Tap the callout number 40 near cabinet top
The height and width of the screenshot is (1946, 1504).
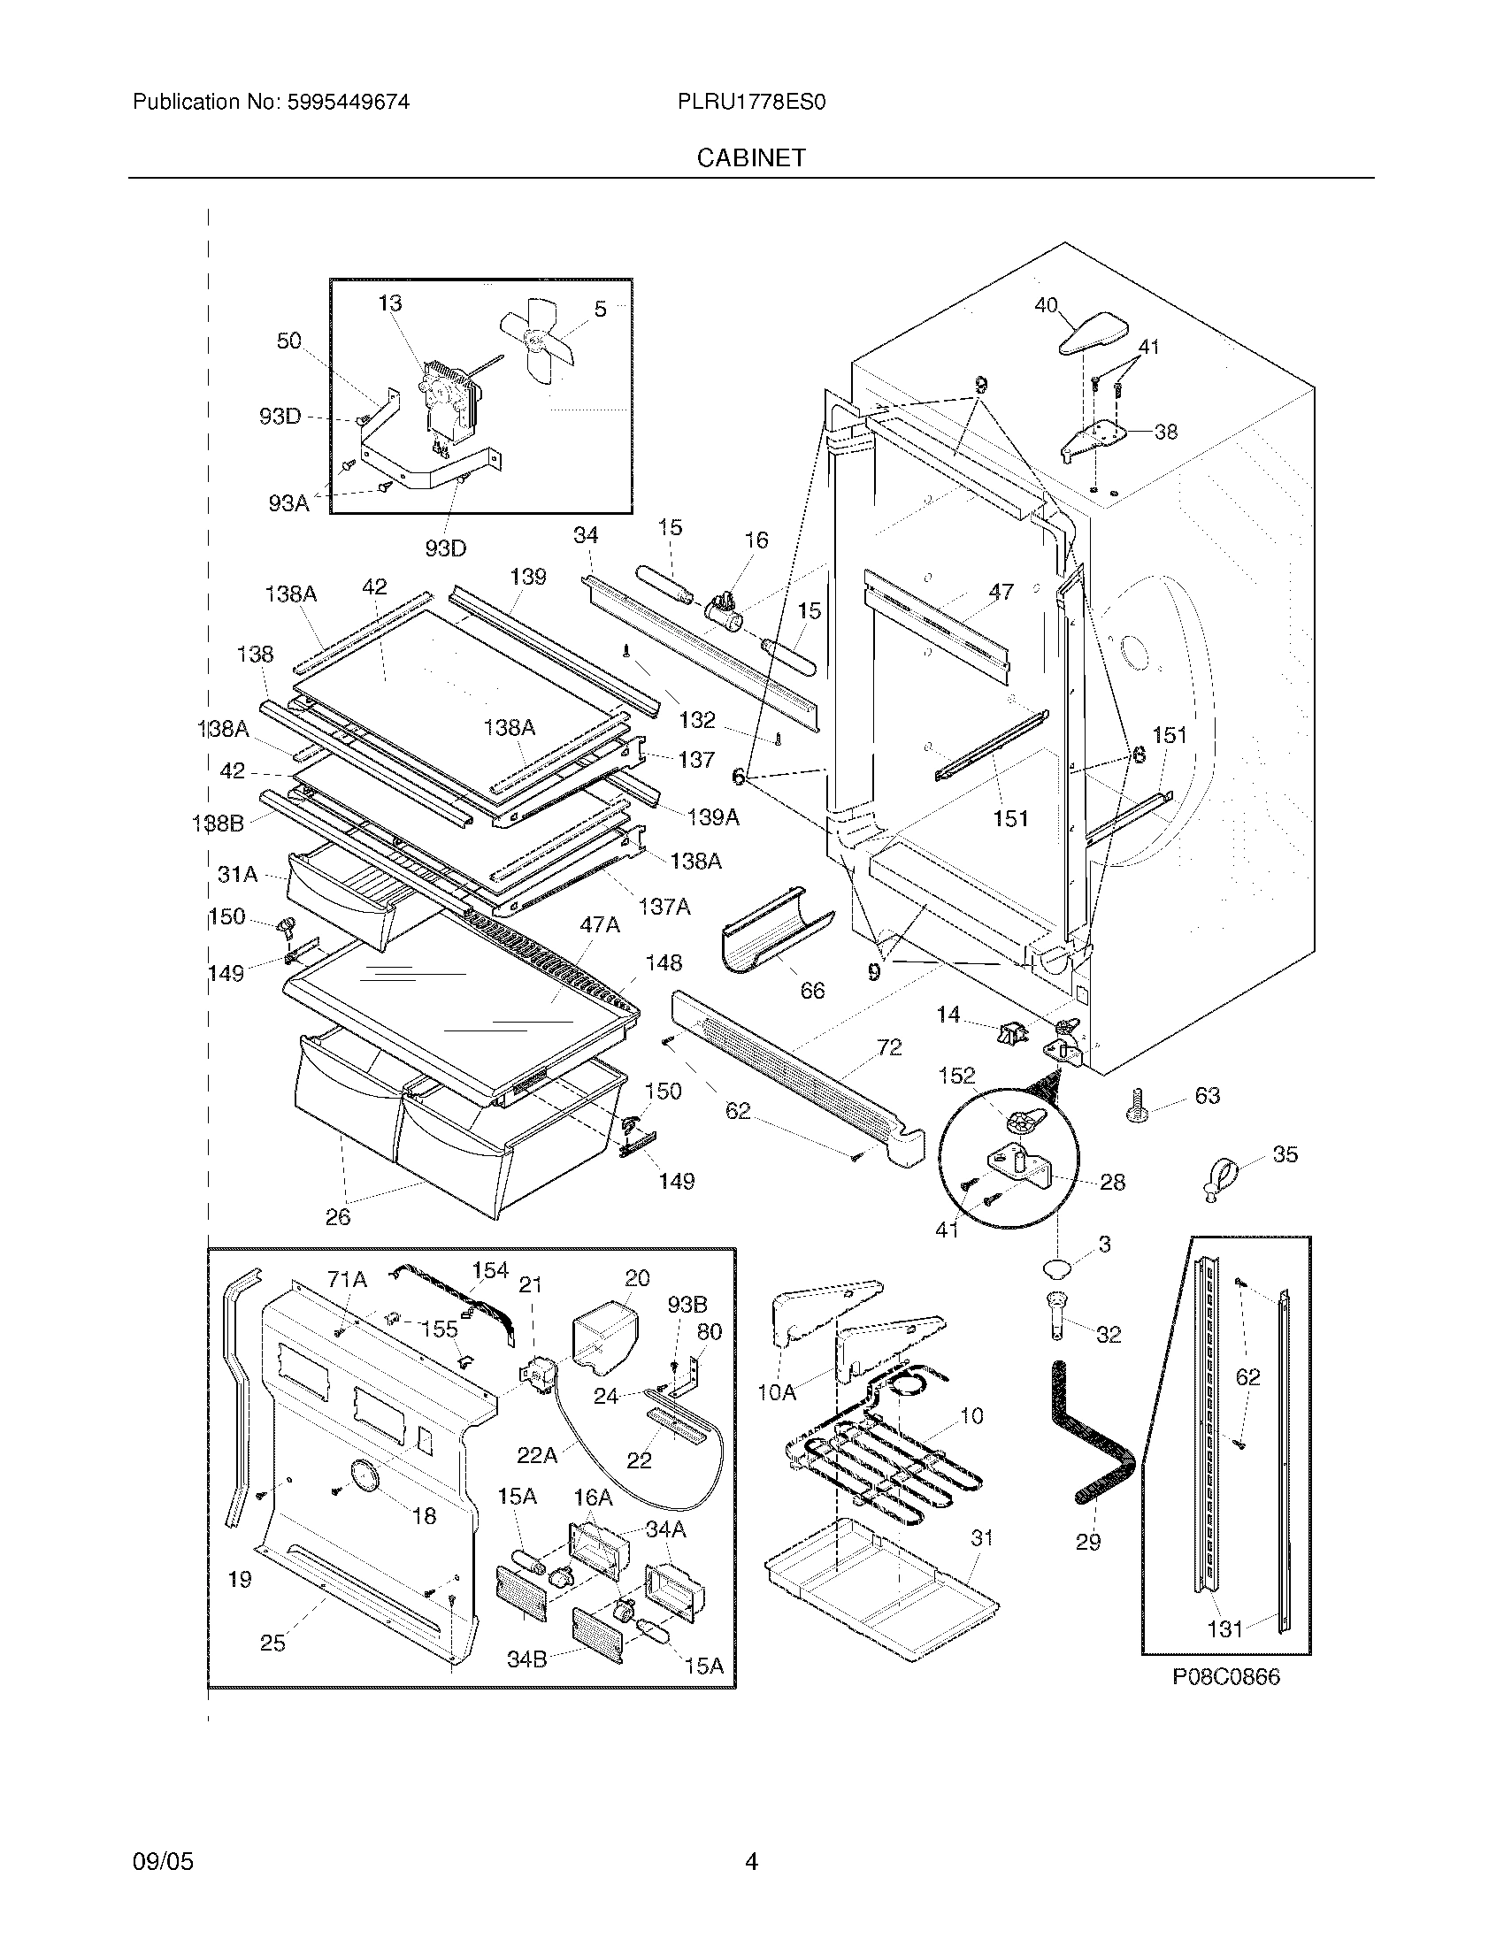click(1045, 306)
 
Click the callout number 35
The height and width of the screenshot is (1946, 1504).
click(1285, 1154)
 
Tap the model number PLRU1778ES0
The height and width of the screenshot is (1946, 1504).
click(751, 103)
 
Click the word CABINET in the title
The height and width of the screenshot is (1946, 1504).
click(751, 157)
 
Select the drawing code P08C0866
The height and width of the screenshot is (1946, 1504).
click(1225, 1678)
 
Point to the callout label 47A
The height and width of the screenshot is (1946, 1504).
click(599, 926)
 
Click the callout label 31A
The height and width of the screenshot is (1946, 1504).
click(237, 875)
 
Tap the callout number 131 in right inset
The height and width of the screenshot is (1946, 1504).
click(1224, 1629)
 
